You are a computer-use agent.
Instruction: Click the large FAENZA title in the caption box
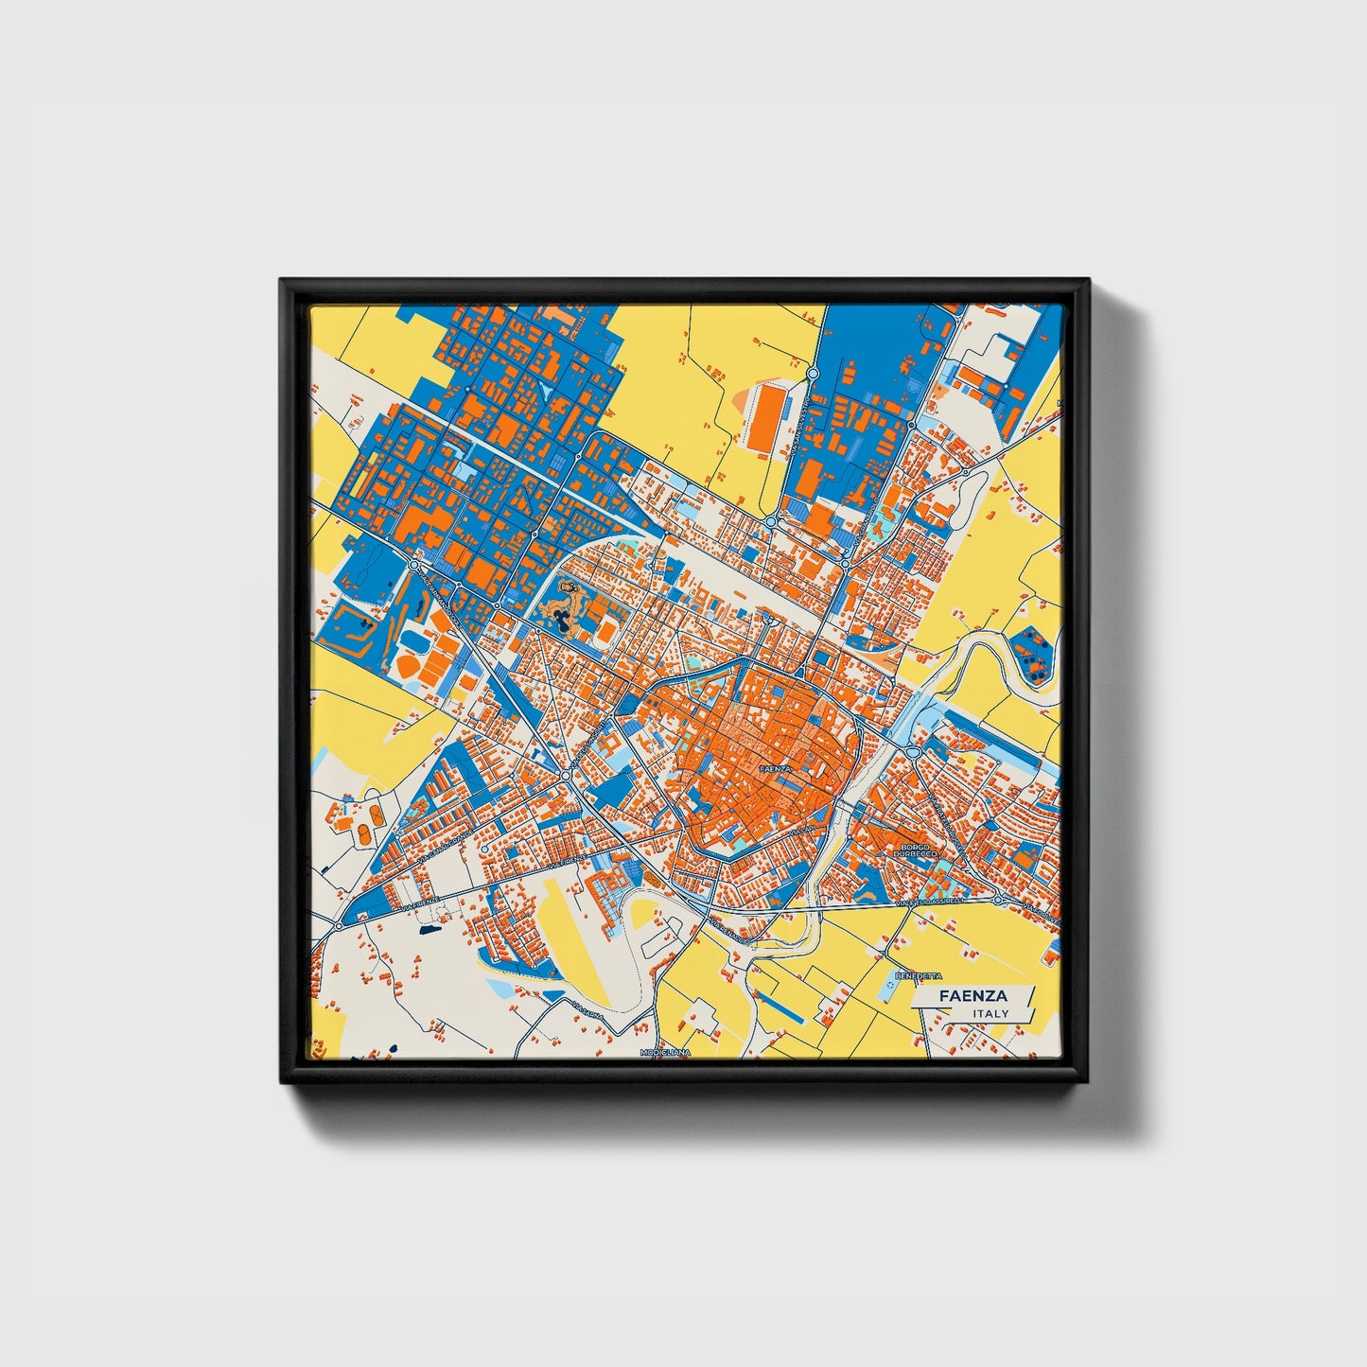pos(973,996)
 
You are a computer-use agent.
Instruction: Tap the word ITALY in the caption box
pos(990,1013)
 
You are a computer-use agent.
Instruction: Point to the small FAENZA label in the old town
pos(772,769)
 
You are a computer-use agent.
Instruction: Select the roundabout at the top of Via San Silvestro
pos(812,375)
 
